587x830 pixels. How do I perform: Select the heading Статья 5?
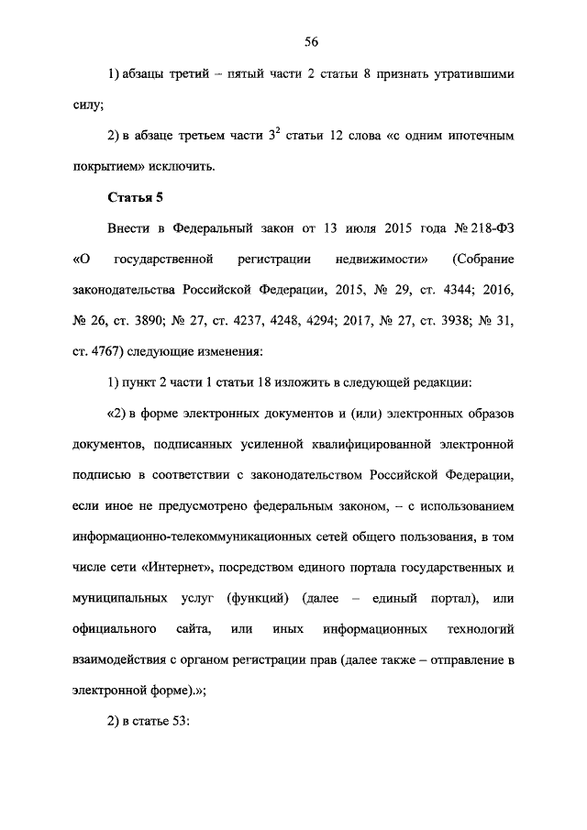coord(135,197)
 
